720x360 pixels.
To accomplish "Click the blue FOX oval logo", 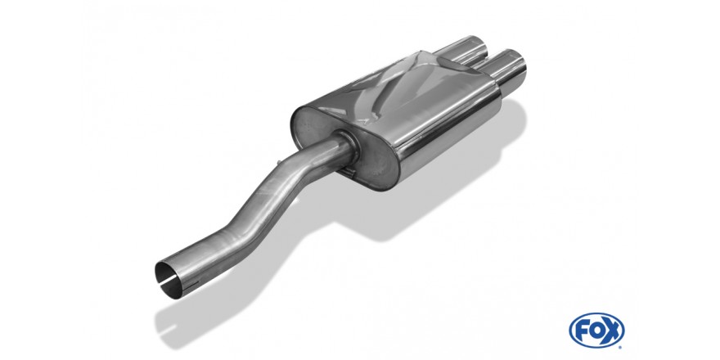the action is [596, 331].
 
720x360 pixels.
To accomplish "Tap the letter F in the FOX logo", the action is [582, 331].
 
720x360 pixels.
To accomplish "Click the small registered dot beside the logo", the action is [621, 347].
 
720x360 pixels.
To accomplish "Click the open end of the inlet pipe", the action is [167, 280].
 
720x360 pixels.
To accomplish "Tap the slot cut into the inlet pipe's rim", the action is [168, 279].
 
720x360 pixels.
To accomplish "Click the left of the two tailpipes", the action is [464, 51].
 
